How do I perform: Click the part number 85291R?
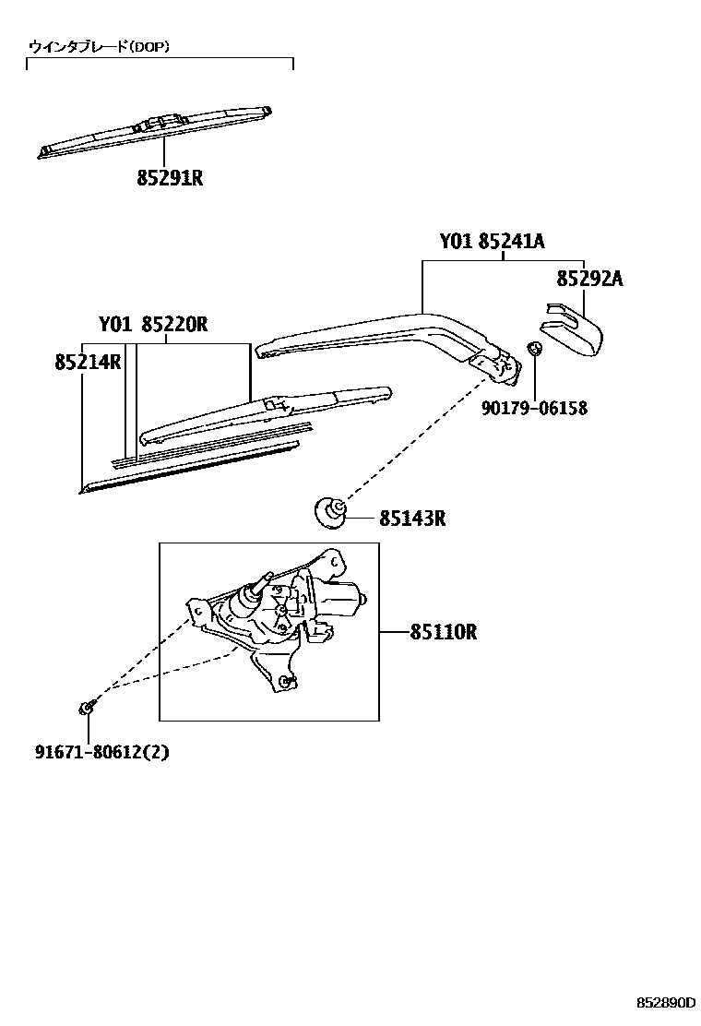click(170, 177)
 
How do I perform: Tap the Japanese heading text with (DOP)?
click(99, 46)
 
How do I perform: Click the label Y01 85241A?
click(492, 242)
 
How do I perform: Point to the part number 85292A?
click(588, 278)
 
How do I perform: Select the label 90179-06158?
click(534, 408)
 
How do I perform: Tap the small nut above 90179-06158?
click(533, 349)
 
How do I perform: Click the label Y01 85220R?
click(153, 325)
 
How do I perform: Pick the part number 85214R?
click(89, 362)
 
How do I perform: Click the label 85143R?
click(412, 519)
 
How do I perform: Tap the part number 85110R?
click(443, 632)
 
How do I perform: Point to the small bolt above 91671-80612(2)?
click(85, 708)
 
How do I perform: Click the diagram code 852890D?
click(663, 1001)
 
